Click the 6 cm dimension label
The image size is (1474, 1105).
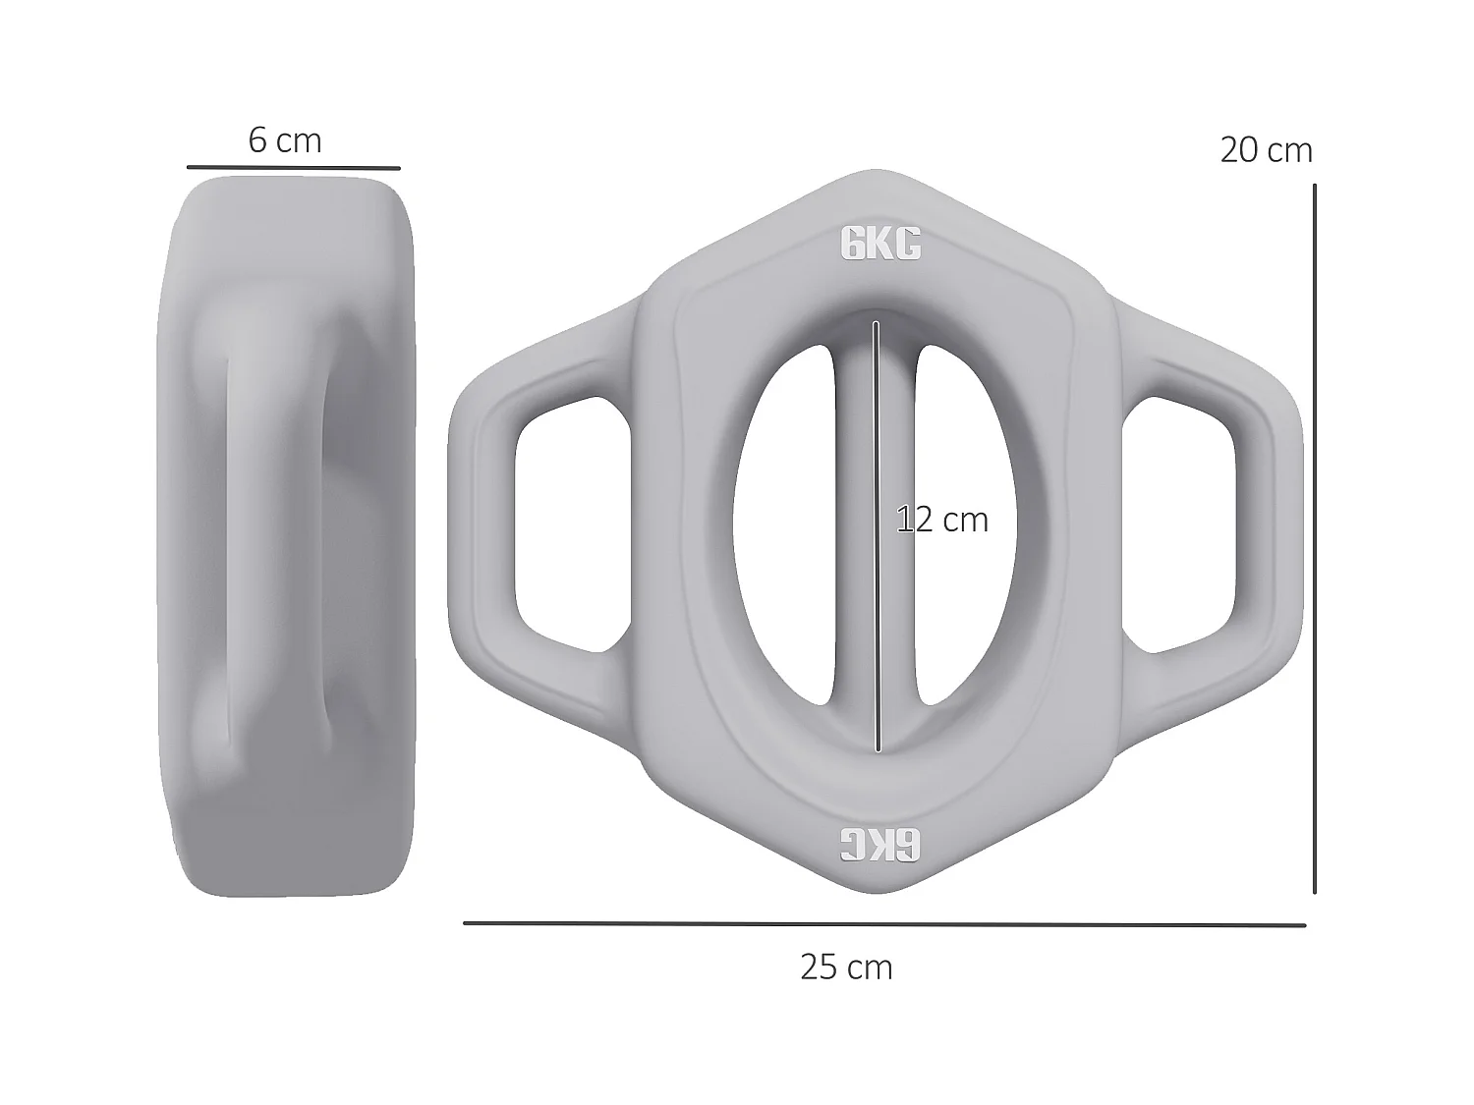coord(285,141)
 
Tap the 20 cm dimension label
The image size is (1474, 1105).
coord(1266,150)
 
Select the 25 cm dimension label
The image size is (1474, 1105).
coord(846,968)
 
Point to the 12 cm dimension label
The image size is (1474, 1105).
coord(942,520)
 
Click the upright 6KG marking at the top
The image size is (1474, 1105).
coord(880,245)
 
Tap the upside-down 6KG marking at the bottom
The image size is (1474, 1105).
coord(880,844)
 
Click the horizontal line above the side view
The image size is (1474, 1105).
coord(293,168)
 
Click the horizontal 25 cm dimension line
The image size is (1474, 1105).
coord(884,924)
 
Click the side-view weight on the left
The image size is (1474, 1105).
coord(285,535)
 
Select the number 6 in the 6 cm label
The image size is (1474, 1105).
coord(257,141)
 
